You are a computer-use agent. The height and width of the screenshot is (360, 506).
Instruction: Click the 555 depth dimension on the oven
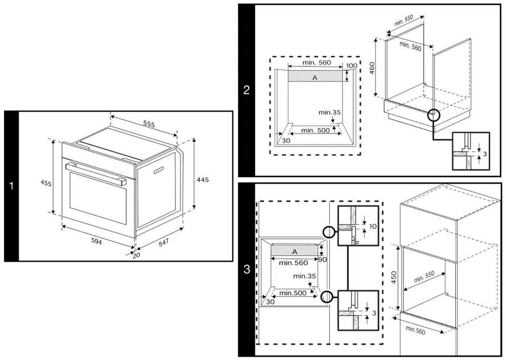[149, 124]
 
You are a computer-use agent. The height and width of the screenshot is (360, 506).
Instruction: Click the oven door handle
[96, 172]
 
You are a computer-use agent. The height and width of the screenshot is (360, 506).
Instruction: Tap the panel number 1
[11, 186]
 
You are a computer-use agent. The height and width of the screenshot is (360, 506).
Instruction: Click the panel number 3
[246, 269]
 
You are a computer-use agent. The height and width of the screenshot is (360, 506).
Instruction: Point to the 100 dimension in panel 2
[352, 66]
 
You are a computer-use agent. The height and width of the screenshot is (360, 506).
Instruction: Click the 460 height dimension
[372, 68]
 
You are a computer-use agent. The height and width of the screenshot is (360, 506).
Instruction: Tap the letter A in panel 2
[315, 78]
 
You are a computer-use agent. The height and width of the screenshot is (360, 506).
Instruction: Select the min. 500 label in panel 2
[315, 130]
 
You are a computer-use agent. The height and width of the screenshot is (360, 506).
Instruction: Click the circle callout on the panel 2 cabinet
[434, 115]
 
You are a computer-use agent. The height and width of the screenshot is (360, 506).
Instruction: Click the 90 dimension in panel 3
[322, 258]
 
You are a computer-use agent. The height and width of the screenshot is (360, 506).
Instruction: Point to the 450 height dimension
[394, 278]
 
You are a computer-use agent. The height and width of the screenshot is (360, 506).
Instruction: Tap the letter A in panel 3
[294, 251]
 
